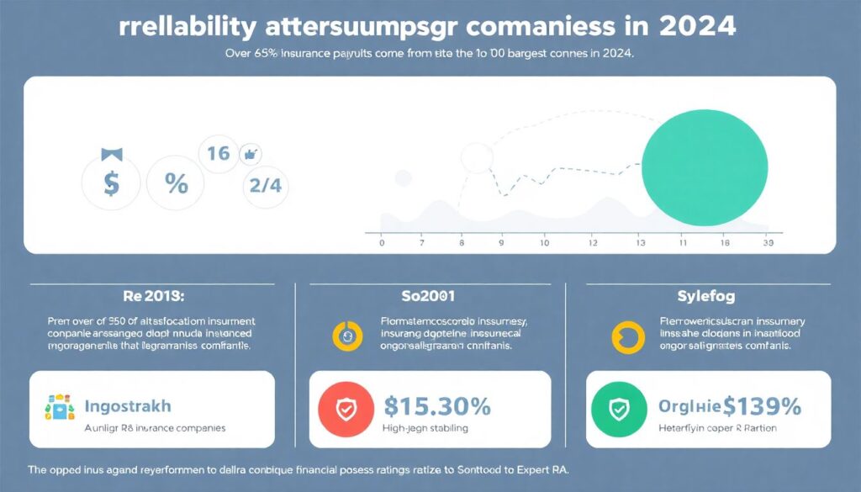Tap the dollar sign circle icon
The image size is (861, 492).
112,183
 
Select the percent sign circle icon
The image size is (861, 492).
177,183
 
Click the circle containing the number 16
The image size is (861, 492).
219,154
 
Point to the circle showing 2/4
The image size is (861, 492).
265,186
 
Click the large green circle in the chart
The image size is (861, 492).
705,161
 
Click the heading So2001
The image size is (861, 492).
430,295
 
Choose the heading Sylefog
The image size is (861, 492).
705,295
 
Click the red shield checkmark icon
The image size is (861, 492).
346,410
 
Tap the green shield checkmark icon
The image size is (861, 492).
619,410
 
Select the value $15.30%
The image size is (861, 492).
437,406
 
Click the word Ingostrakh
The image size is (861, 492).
128,406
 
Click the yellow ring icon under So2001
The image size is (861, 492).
346,335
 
